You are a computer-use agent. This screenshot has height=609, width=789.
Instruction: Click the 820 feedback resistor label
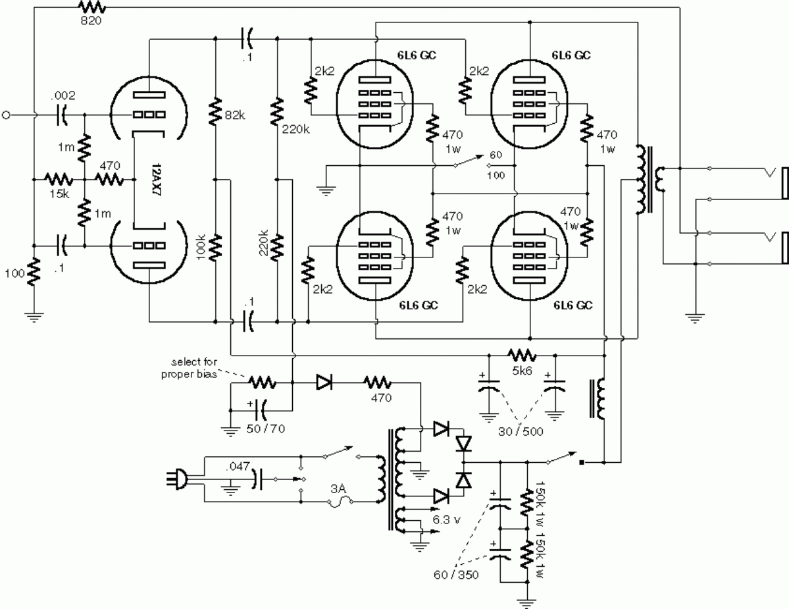[91, 20]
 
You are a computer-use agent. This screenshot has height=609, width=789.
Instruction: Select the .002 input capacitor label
[63, 95]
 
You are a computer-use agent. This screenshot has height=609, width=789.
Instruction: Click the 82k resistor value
[235, 115]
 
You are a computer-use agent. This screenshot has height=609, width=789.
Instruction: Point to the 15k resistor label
[59, 194]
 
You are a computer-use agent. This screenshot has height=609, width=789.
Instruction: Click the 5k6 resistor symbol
[522, 356]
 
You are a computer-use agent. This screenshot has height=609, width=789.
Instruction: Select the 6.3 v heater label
[446, 520]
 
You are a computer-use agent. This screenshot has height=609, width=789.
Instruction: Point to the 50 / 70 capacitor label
[266, 429]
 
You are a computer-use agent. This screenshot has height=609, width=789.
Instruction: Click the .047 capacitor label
[238, 467]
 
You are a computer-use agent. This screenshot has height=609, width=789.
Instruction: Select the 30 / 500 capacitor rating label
[521, 431]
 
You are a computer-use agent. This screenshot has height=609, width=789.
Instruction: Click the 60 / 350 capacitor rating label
[457, 574]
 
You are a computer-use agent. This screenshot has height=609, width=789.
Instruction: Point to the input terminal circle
[6, 115]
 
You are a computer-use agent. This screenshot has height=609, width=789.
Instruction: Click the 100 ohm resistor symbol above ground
[34, 272]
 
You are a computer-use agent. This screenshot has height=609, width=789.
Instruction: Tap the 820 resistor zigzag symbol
[91, 7]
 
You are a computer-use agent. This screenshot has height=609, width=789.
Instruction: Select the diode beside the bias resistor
[324, 383]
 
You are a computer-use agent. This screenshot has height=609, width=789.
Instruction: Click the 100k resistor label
[201, 246]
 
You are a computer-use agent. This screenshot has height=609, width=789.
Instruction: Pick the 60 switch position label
[496, 155]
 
